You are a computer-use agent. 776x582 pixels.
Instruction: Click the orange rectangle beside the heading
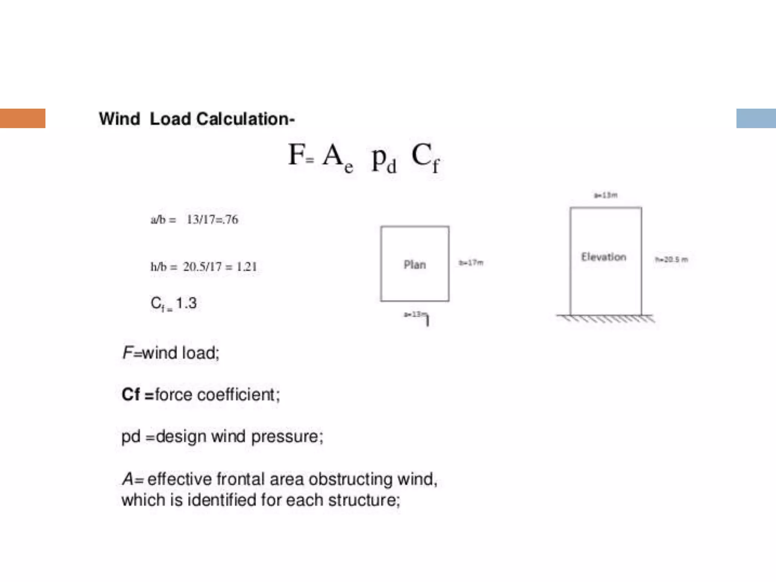[x=23, y=118]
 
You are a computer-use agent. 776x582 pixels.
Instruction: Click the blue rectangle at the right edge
[x=756, y=118]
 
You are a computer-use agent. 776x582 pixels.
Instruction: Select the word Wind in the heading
[x=119, y=119]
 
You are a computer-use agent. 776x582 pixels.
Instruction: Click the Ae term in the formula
[x=337, y=157]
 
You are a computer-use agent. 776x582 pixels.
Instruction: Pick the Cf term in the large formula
[x=425, y=157]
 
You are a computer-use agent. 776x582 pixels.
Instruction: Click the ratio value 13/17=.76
[x=212, y=219]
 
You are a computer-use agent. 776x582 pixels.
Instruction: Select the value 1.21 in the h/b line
[x=247, y=267]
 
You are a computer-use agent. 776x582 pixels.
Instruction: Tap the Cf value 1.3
[x=186, y=303]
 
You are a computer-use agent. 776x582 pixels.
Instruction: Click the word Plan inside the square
[x=415, y=264]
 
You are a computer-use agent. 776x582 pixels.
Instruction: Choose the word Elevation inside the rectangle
[x=604, y=257]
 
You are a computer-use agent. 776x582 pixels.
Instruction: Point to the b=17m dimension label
[x=471, y=263]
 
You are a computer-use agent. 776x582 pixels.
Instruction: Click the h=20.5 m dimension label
[x=671, y=260]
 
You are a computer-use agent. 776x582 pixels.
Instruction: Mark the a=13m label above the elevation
[x=605, y=195]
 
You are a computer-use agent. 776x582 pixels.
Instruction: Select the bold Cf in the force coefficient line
[x=131, y=394]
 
